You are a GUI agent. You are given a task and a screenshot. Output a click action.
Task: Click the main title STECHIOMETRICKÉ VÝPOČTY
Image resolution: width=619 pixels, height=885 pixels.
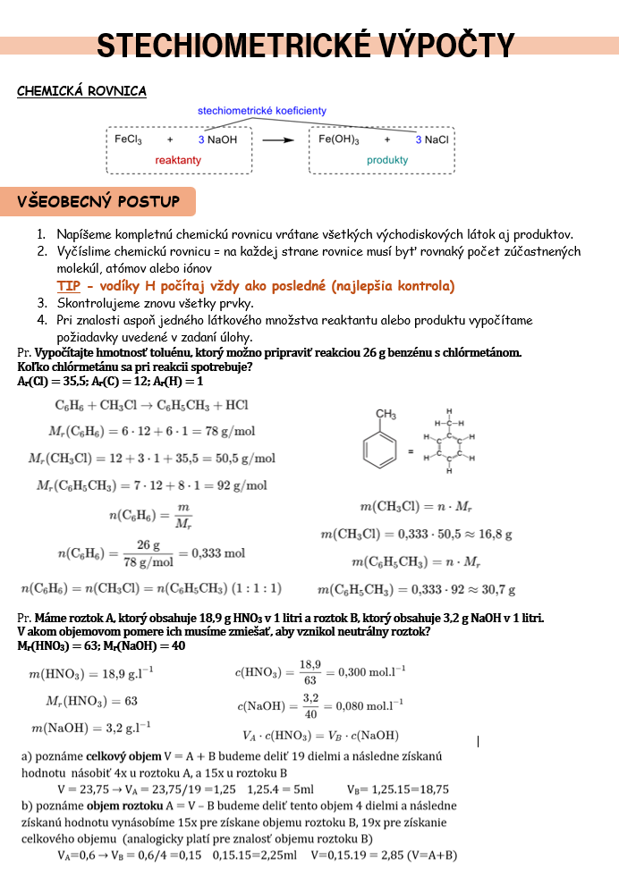(x=305, y=46)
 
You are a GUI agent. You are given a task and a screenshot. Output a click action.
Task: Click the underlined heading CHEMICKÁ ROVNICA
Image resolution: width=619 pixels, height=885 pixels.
(x=81, y=91)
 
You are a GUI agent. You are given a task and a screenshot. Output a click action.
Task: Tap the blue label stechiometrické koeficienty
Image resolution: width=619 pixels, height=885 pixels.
(x=262, y=111)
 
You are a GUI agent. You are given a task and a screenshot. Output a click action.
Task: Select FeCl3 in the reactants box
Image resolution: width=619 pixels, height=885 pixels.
(x=129, y=139)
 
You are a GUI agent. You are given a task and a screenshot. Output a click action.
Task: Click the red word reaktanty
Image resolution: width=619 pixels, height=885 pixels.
(x=178, y=160)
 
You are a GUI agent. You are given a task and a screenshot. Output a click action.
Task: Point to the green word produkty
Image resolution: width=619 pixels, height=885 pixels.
(x=386, y=160)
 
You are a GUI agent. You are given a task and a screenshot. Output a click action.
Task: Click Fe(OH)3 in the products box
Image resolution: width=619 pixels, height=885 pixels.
(x=339, y=139)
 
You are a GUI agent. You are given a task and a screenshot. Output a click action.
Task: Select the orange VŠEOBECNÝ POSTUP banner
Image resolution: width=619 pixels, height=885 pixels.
(x=98, y=202)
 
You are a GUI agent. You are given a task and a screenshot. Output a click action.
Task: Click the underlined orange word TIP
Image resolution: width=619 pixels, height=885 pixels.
(x=69, y=286)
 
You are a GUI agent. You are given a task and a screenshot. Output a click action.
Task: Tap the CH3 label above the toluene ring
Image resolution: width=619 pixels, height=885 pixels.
(x=386, y=414)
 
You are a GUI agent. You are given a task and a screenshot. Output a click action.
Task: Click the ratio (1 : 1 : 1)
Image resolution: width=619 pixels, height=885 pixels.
(x=256, y=588)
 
